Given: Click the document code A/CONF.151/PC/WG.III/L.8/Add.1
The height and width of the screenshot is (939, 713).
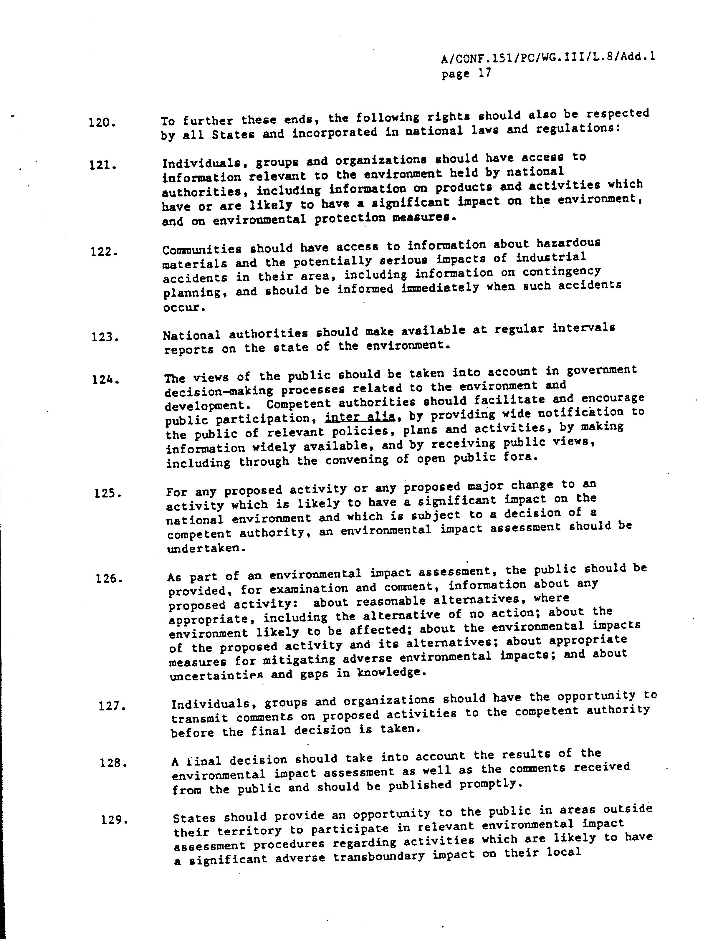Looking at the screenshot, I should click(548, 57).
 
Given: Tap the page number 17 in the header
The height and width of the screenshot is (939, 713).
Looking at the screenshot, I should click(484, 73).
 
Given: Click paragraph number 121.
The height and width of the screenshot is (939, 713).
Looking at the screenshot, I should click(103, 165).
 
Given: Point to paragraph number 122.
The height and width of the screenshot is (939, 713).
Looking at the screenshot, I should click(104, 252).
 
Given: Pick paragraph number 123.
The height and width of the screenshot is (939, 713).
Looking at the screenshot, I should click(105, 338).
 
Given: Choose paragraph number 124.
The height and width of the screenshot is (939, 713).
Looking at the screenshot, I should click(106, 379).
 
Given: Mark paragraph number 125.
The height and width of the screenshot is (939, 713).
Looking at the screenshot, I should click(108, 494).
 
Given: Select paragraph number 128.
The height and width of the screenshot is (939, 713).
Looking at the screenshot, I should click(113, 763).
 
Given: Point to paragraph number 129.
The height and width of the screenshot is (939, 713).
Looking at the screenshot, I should click(115, 819).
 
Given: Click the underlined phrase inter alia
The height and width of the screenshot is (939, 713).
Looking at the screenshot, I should click(360, 417).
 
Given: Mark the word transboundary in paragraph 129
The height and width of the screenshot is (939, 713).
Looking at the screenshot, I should click(378, 857).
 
